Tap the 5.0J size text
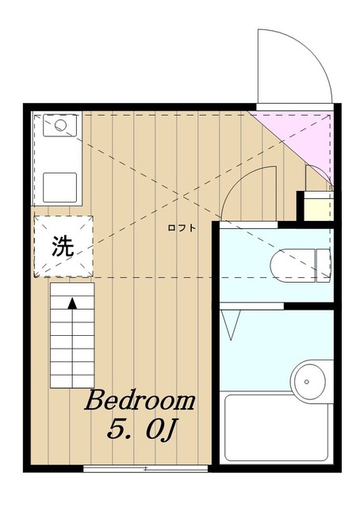[x=141, y=429]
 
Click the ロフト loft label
[x=182, y=228]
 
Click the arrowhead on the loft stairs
[x=72, y=303]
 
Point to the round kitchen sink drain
[x=60, y=125]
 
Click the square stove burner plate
[x=60, y=188]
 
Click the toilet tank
[x=324, y=265]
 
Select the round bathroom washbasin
[x=308, y=382]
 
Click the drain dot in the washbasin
[x=307, y=382]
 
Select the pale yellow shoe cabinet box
[x=319, y=207]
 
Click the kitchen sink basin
[x=60, y=125]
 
